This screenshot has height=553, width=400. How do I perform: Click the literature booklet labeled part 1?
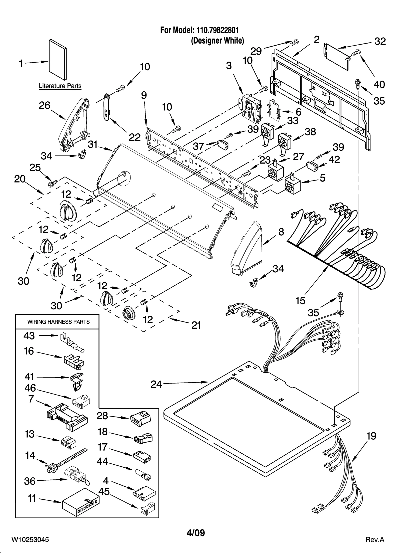click(x=58, y=62)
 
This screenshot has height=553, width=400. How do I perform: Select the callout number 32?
click(x=380, y=42)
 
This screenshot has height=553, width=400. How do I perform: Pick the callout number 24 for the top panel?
click(x=156, y=384)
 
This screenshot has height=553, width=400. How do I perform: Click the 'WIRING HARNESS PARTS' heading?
click(x=58, y=322)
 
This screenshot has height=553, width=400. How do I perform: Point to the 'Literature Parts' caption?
click(x=60, y=86)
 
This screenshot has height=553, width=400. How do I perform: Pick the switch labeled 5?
click(x=293, y=185)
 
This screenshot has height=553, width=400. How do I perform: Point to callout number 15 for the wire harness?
click(x=300, y=300)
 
